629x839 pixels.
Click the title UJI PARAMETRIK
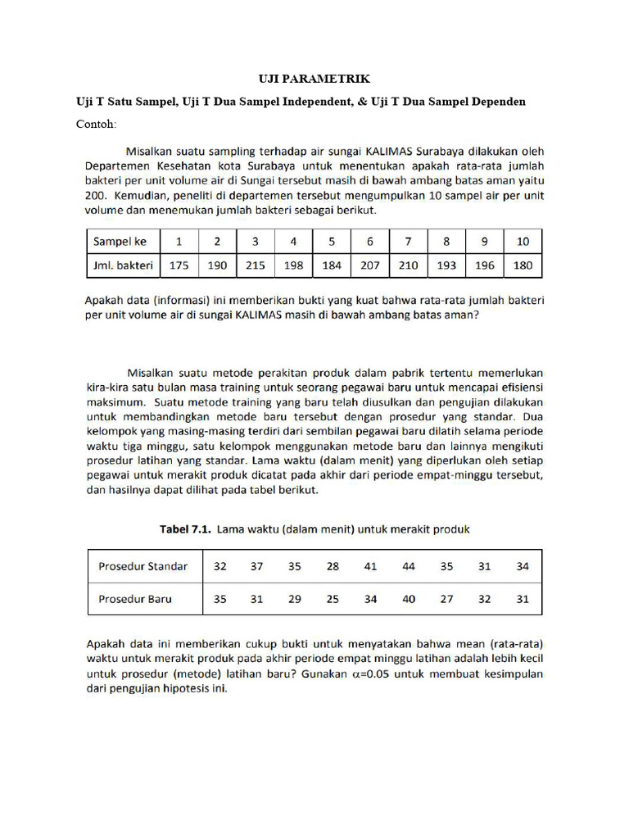click(314, 79)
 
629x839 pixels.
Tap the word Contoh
click(97, 125)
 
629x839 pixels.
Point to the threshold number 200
click(97, 196)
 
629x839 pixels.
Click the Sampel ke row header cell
click(120, 242)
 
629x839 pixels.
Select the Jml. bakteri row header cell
click(122, 265)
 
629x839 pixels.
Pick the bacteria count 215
click(255, 265)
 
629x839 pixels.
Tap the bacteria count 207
click(370, 265)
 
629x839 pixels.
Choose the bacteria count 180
click(523, 265)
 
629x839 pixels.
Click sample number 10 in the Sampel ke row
click(523, 242)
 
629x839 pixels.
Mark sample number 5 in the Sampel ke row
click(332, 242)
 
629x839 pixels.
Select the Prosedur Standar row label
click(143, 566)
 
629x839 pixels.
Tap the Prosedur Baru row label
click(135, 599)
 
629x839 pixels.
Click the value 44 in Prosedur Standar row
click(409, 566)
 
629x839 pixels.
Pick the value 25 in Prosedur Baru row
click(332, 599)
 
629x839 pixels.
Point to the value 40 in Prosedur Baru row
click(409, 599)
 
